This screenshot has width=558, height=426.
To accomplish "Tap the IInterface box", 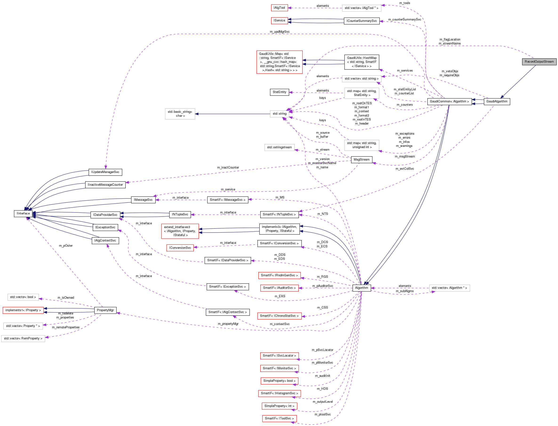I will [23, 213].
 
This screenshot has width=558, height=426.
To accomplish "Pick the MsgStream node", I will [361, 160].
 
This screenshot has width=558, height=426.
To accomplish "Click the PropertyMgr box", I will [105, 310].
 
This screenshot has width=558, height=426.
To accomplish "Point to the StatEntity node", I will [279, 92].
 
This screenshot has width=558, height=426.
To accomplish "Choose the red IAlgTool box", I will [279, 8].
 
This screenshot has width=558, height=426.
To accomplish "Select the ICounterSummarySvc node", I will [361, 21].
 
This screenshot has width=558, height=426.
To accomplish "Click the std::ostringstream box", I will [279, 147].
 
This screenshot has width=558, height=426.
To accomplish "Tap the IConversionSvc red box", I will [180, 248].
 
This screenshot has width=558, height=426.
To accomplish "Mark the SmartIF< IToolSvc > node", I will [279, 418].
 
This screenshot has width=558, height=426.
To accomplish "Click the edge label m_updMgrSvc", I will [279, 32].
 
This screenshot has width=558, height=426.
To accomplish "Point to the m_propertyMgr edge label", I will [228, 324].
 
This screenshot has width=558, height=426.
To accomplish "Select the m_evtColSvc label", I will [404, 169].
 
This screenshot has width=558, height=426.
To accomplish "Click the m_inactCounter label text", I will [228, 168].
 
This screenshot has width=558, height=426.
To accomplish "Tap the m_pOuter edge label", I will [66, 246].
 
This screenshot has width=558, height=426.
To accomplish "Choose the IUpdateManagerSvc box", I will [105, 172].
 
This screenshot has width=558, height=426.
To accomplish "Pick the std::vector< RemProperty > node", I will [23, 338].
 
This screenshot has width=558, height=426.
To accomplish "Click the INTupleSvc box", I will [180, 214].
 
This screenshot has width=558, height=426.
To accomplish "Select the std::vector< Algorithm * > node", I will [449, 288].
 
